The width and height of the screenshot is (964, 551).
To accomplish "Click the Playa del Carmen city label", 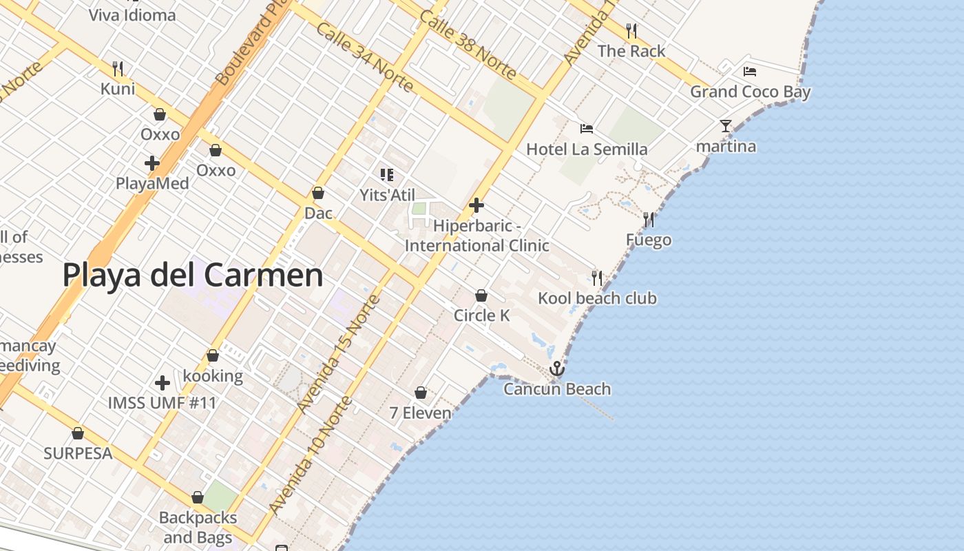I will (193, 275).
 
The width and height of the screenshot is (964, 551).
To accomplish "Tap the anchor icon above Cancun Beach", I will (556, 369).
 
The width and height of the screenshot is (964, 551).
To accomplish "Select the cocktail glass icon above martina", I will (726, 125).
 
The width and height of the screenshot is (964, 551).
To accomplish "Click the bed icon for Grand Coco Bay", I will (750, 71).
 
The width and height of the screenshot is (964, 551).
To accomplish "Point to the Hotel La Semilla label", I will (587, 149).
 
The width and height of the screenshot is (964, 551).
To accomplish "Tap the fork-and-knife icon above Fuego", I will (649, 220).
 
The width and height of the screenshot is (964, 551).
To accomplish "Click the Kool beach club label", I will (597, 298).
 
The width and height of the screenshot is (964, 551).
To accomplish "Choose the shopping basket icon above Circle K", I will (481, 295).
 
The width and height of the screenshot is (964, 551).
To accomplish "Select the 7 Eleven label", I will (420, 413).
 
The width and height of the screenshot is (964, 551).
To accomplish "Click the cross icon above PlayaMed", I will (152, 163).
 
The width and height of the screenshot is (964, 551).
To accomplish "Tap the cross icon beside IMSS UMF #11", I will (163, 382).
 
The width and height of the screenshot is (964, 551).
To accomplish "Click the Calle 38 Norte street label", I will (468, 44).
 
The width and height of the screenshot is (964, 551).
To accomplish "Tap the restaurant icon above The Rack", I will (631, 30).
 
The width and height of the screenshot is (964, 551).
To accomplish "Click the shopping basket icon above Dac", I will (318, 193).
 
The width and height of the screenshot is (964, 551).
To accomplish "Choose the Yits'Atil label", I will (388, 195).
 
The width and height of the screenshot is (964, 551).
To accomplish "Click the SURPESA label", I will (78, 453).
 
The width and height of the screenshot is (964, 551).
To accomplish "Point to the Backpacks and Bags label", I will (198, 527).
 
